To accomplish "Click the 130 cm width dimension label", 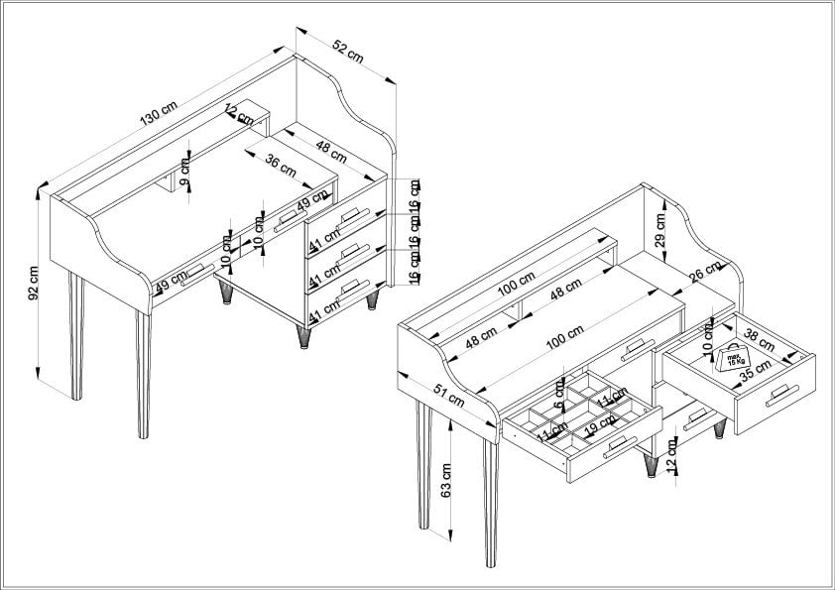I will click(159, 113).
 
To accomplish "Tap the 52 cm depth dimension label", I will click(346, 51).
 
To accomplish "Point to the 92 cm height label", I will click(33, 281).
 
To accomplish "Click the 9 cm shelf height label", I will click(185, 166).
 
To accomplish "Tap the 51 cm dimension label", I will click(449, 394).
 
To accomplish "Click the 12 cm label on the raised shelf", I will click(236, 112).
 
